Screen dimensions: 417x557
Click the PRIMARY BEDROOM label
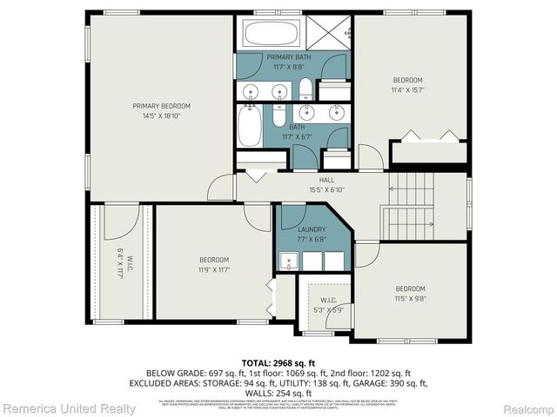(x=161, y=106)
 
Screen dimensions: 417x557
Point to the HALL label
(x=326, y=180)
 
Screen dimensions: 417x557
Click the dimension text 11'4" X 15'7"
(x=406, y=89)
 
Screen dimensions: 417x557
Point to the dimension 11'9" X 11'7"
(x=213, y=269)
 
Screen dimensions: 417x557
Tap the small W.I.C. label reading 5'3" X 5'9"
(x=322, y=310)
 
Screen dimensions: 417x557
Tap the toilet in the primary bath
(x=305, y=88)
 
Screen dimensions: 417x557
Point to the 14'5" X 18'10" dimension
(x=161, y=116)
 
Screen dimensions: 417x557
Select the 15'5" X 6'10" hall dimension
(x=326, y=189)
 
